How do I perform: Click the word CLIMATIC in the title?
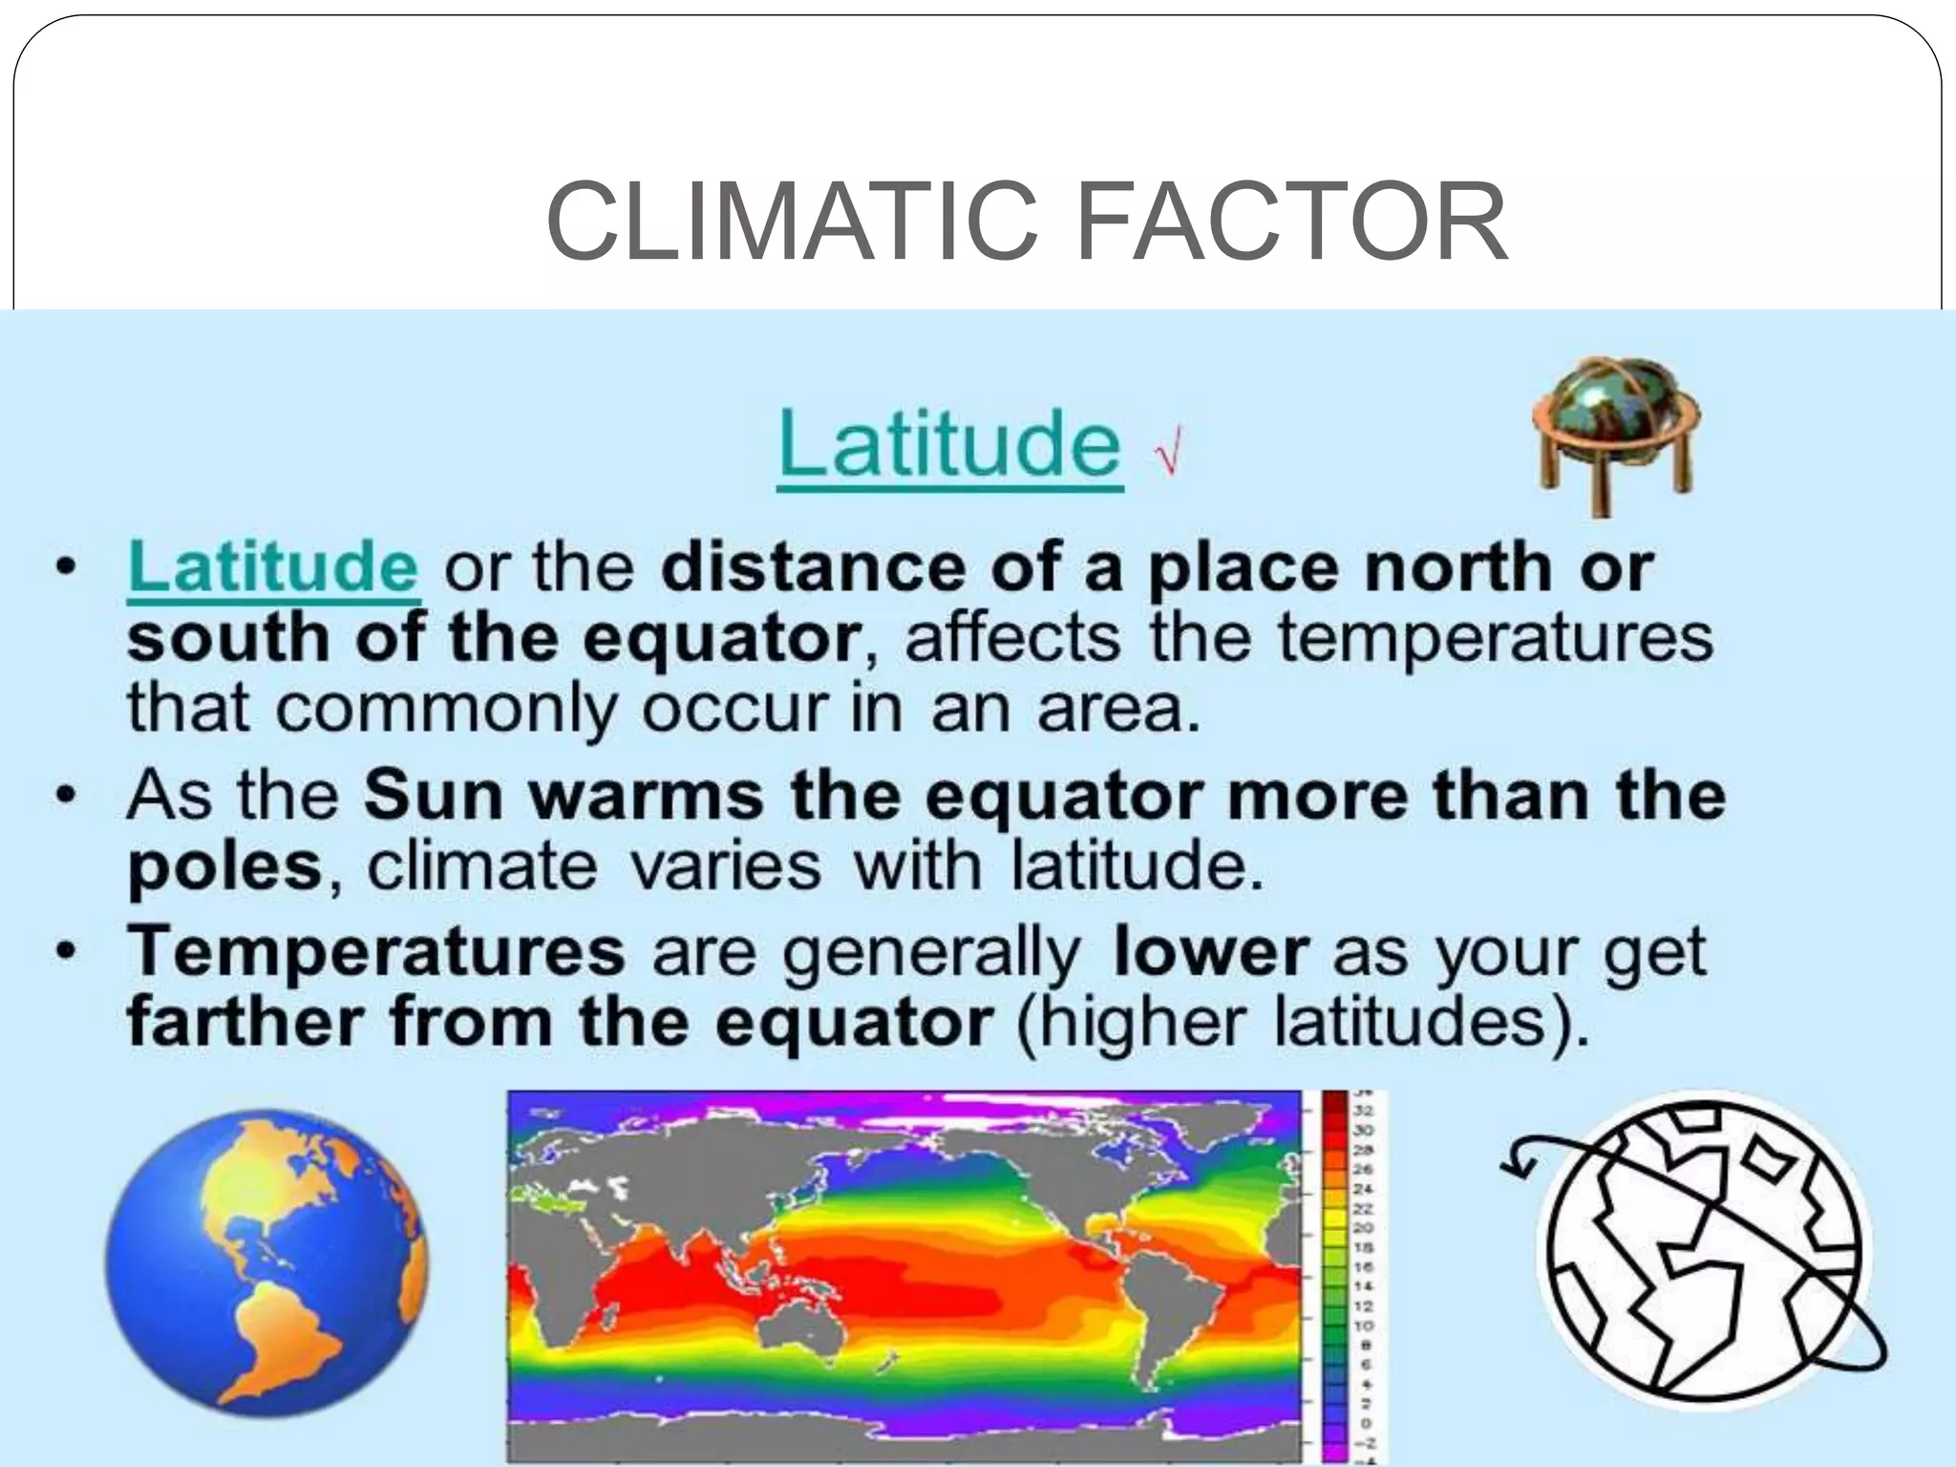tap(791, 223)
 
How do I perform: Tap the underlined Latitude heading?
tap(949, 444)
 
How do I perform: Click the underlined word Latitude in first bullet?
tap(273, 567)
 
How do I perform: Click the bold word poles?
tap(225, 866)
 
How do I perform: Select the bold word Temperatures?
tap(377, 952)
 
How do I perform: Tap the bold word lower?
tap(1211, 952)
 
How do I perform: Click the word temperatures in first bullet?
tap(1496, 638)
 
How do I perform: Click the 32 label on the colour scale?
tap(1363, 1111)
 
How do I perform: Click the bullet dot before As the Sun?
tap(65, 796)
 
